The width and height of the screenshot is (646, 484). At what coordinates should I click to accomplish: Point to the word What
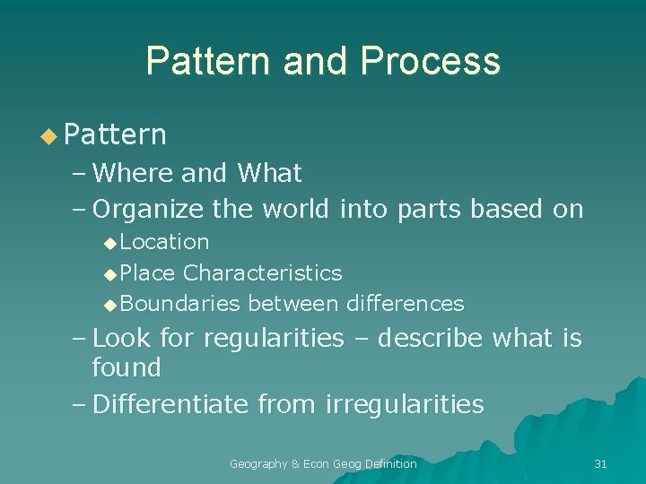pos(269,172)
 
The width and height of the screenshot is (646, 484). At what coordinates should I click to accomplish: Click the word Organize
pos(149,210)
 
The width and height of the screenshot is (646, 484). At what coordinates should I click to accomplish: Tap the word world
pos(294,210)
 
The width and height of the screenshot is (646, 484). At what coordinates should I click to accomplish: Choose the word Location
pos(164,242)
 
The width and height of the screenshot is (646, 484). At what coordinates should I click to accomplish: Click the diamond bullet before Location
pos(109,243)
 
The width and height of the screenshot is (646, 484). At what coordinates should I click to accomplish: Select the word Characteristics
pos(262,272)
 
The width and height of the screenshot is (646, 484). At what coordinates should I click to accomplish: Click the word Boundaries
pos(179,304)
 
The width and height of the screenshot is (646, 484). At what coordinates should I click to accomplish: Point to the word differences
pos(403,304)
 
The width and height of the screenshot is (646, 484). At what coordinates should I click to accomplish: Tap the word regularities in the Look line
pos(274,339)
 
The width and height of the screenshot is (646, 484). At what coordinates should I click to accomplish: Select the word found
pos(127,367)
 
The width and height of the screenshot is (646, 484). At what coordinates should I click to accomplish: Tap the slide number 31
pos(601,463)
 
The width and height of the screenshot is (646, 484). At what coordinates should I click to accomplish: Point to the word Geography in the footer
pos(258,463)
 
